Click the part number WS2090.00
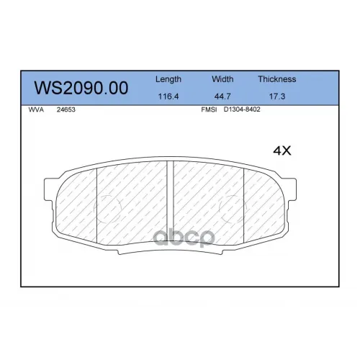point(81,88)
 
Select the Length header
point(168,79)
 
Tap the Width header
point(222,79)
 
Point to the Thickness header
point(277,79)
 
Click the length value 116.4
point(168,96)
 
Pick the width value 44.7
point(222,96)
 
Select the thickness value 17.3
point(277,96)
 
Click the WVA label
point(36,109)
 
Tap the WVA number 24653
point(66,109)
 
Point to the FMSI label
point(209,109)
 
